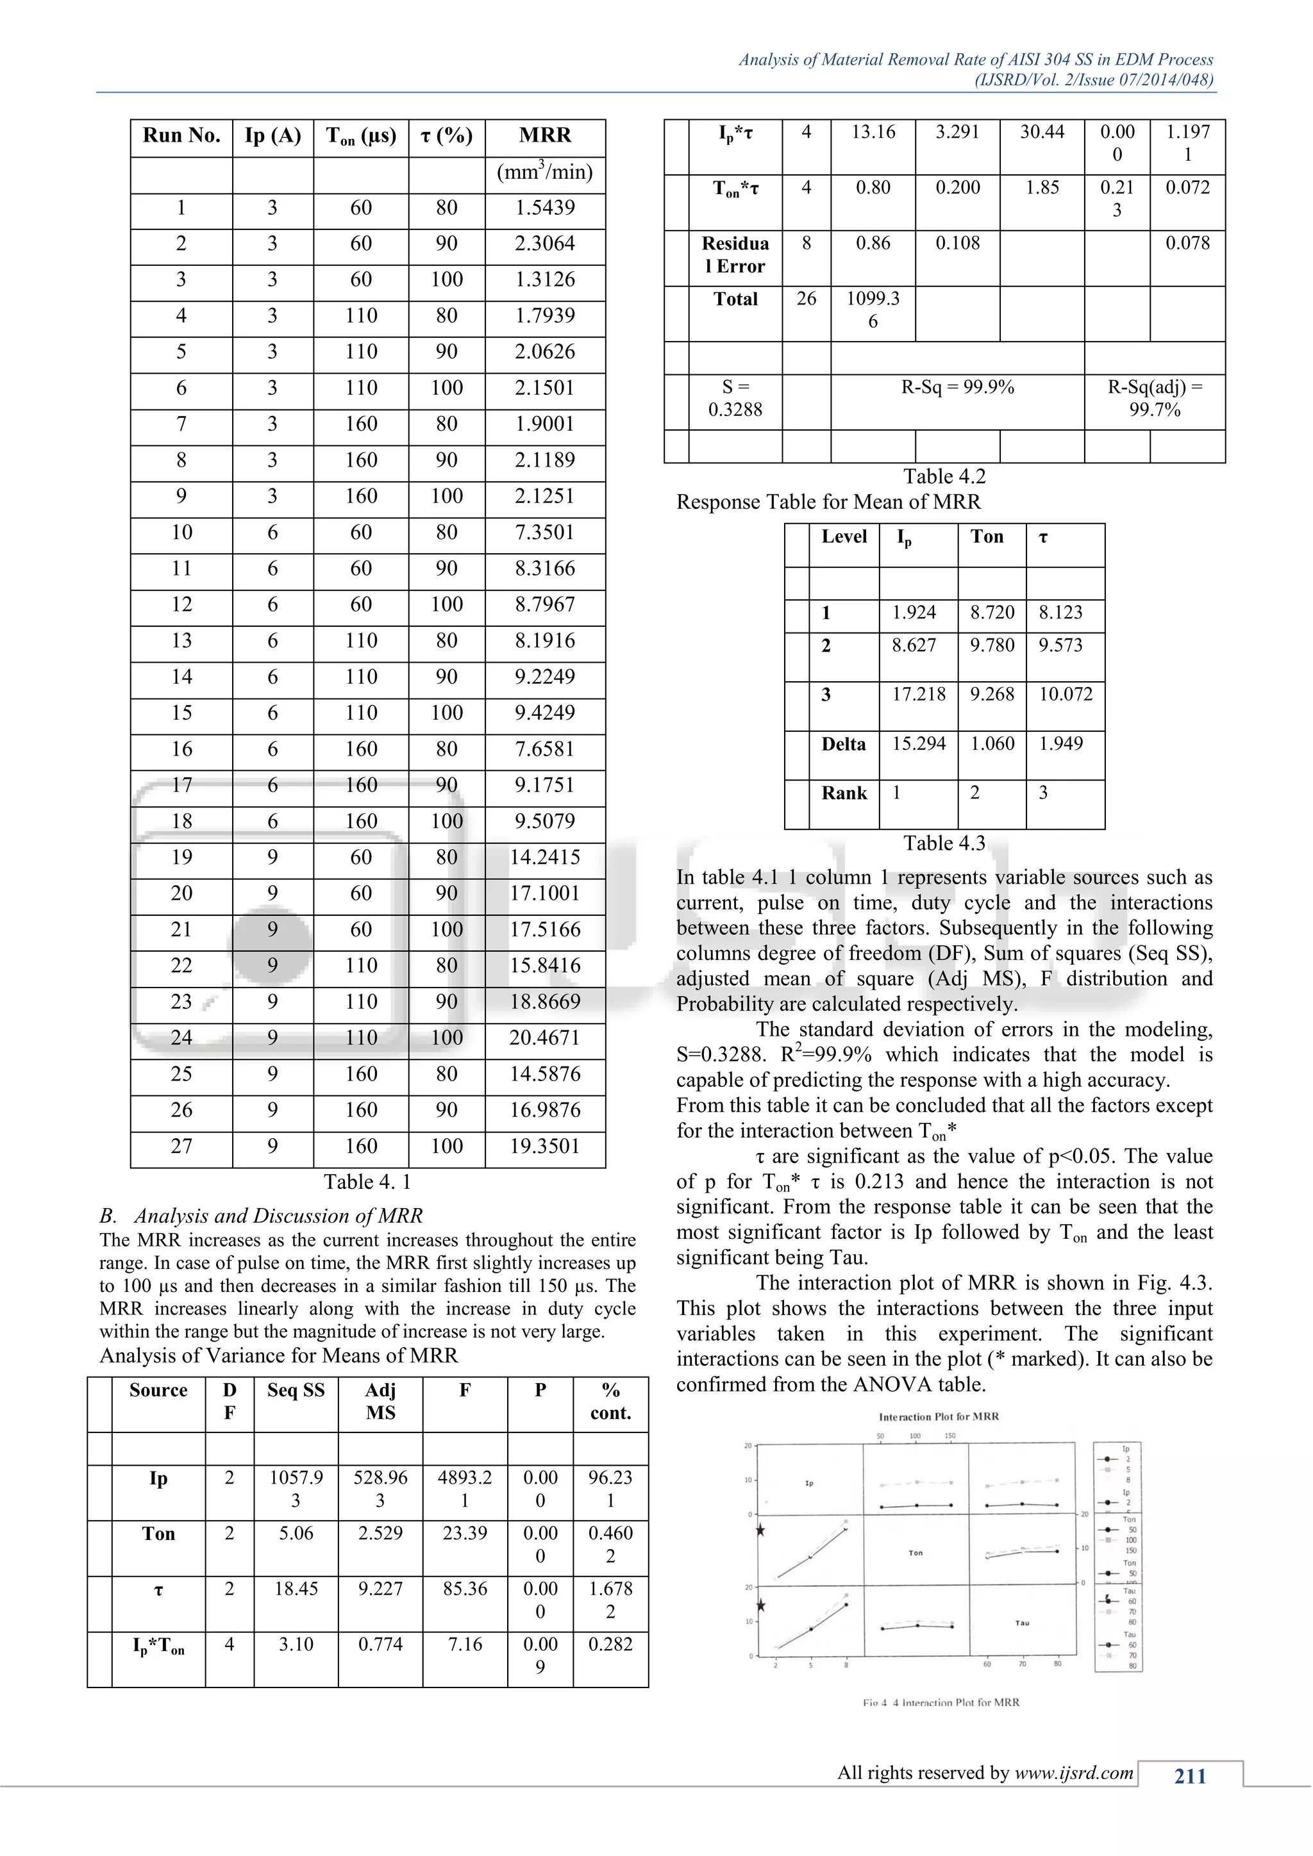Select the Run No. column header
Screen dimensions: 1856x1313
[181, 136]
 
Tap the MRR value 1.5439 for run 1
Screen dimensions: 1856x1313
[544, 208]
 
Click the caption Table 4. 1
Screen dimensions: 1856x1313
[367, 1182]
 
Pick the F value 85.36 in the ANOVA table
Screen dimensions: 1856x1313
[464, 1589]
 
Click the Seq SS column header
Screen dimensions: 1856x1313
[296, 1390]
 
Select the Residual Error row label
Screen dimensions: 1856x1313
[735, 254]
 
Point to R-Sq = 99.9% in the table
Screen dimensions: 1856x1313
[957, 387]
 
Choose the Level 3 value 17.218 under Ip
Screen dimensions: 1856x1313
[919, 694]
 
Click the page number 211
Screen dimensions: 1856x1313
[1189, 1776]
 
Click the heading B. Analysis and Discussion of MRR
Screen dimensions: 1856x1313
[261, 1216]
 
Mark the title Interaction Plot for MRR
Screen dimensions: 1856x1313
[939, 1417]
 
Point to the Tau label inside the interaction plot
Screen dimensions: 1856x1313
[1022, 1622]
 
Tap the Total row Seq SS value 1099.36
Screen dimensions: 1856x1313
[873, 310]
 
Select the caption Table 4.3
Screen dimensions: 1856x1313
[944, 843]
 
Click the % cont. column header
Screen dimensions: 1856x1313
[610, 1401]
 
